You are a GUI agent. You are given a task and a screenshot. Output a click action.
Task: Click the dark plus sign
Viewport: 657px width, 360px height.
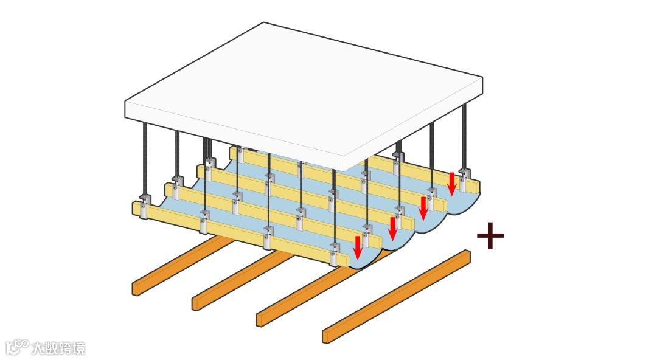click(490, 236)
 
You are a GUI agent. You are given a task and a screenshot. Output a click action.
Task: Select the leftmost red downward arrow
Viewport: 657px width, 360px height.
click(358, 246)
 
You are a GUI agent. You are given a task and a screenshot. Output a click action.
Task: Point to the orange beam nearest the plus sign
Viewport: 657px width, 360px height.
click(397, 296)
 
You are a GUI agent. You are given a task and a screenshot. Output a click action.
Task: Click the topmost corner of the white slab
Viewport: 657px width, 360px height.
click(264, 22)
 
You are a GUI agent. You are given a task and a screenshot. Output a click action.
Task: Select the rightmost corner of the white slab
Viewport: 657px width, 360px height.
click(482, 78)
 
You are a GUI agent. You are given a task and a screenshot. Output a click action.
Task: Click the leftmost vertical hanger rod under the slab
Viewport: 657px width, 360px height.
click(146, 158)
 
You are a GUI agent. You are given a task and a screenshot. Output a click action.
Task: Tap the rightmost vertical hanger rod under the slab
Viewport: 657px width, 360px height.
click(465, 137)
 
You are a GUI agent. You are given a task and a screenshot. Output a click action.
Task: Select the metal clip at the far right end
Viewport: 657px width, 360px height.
click(464, 179)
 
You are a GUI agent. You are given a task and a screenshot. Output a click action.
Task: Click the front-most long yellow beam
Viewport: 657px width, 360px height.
click(243, 232)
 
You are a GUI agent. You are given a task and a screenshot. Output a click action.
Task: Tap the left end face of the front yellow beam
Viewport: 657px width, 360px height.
click(135, 208)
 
